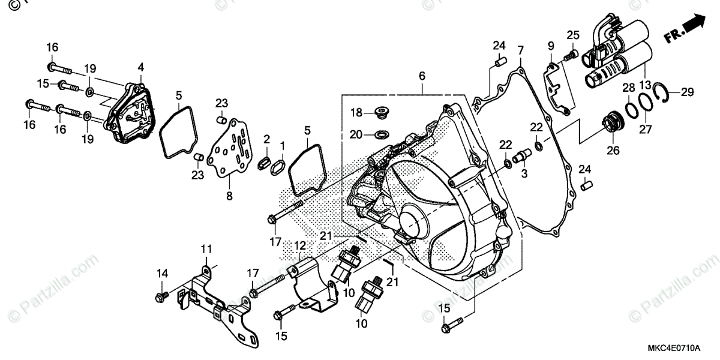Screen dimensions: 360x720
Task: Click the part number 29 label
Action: (687, 92)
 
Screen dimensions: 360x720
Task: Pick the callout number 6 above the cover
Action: (422, 76)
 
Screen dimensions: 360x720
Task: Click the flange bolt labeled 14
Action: (161, 296)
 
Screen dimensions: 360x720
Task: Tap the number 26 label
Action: (612, 151)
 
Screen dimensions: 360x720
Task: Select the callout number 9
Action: (550, 46)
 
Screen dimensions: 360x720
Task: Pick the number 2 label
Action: (266, 140)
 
